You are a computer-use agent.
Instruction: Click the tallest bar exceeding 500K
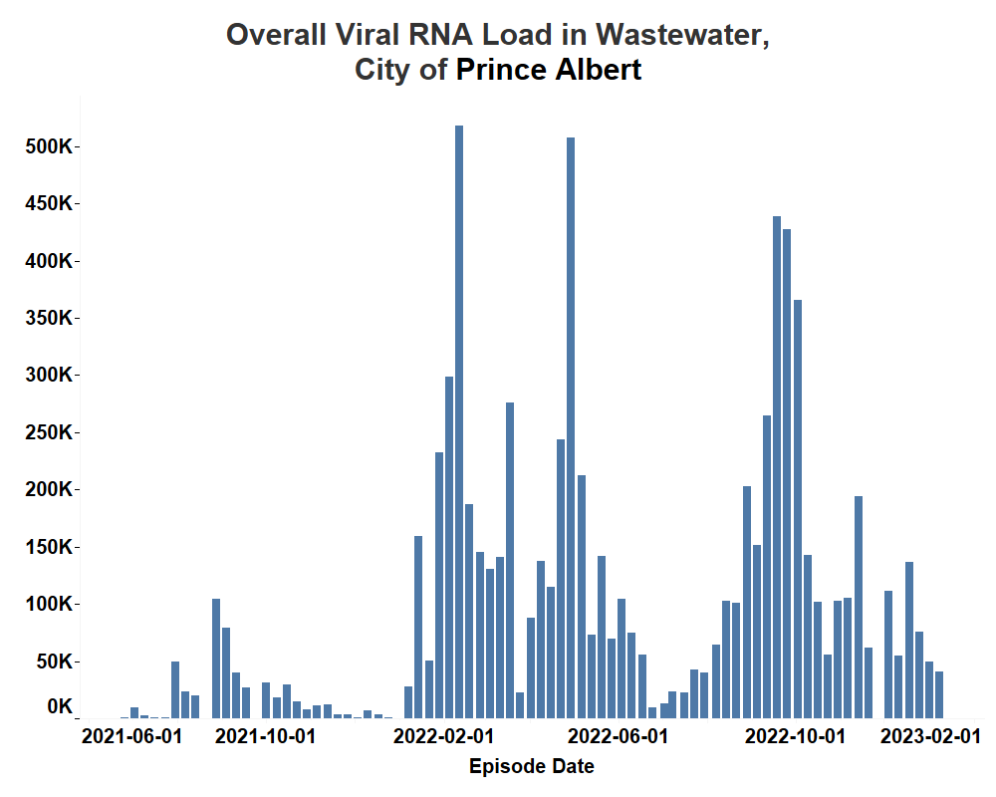click(459, 418)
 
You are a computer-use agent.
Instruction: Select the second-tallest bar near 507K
click(571, 428)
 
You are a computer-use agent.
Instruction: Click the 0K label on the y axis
click(59, 706)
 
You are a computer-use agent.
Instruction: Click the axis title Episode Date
click(531, 766)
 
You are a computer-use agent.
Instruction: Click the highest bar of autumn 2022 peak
click(777, 468)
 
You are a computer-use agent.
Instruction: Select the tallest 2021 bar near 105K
click(216, 658)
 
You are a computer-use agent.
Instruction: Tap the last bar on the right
click(939, 694)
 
